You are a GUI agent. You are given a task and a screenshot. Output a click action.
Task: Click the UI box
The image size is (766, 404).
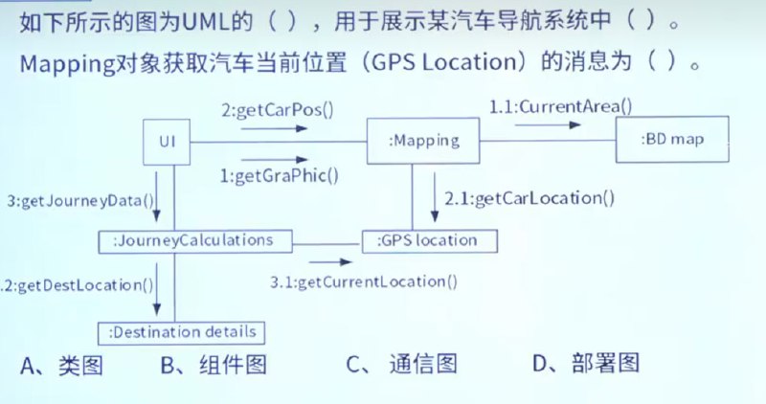coord(167,142)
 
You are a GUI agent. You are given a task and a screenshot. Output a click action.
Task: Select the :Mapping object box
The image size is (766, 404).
coord(423,141)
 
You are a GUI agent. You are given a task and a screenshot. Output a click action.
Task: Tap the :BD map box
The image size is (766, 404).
coord(672,139)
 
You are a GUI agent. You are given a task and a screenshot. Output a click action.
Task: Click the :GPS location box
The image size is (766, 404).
coord(429,241)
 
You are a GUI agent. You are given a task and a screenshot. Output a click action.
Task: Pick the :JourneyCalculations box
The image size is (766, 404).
coord(195,241)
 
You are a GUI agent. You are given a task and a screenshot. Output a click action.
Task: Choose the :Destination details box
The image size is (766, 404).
coord(181,333)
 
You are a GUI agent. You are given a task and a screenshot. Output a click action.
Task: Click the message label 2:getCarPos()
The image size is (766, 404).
coord(278,110)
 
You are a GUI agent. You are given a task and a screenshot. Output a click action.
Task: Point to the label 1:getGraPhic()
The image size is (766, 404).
coord(279,176)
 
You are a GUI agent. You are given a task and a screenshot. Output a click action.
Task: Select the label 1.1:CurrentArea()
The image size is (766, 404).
coord(560,106)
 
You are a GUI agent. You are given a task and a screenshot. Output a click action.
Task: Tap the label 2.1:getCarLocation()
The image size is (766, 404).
coord(529,198)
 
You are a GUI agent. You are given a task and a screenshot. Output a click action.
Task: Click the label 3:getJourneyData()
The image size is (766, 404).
coord(80,201)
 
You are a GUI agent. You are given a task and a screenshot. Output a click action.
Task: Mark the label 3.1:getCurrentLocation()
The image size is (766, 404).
coord(364,281)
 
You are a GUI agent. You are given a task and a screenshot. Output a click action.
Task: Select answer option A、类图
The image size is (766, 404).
coord(61,366)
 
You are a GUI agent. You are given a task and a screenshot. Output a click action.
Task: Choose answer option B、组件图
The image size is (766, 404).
coord(214,365)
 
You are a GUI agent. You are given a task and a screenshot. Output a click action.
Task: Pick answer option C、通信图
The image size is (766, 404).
coord(401,364)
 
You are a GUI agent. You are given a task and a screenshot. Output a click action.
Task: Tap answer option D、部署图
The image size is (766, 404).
coord(586,363)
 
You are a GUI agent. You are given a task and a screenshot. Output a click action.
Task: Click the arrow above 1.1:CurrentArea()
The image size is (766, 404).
coord(548,125)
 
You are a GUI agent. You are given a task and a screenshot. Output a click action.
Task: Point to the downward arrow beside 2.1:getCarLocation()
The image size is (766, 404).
coord(435,196)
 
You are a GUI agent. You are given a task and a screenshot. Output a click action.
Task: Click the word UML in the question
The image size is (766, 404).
coord(202,22)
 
